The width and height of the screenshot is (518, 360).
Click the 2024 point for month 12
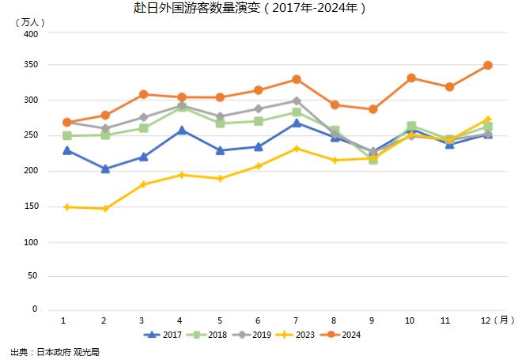[488, 66]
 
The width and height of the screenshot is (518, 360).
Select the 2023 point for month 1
[66, 207]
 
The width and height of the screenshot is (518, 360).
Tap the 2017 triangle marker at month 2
[105, 169]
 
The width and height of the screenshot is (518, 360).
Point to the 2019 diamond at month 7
[297, 100]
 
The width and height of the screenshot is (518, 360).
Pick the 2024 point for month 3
[143, 94]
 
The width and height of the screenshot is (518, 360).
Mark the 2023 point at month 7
[297, 149]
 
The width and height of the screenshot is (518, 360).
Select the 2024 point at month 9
[372, 109]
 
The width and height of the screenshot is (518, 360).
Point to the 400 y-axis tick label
[30, 35]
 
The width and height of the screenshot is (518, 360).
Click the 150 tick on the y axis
[30, 207]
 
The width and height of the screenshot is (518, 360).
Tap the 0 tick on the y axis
[35, 309]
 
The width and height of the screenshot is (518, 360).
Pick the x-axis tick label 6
[259, 320]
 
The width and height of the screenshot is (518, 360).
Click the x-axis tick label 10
[410, 320]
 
